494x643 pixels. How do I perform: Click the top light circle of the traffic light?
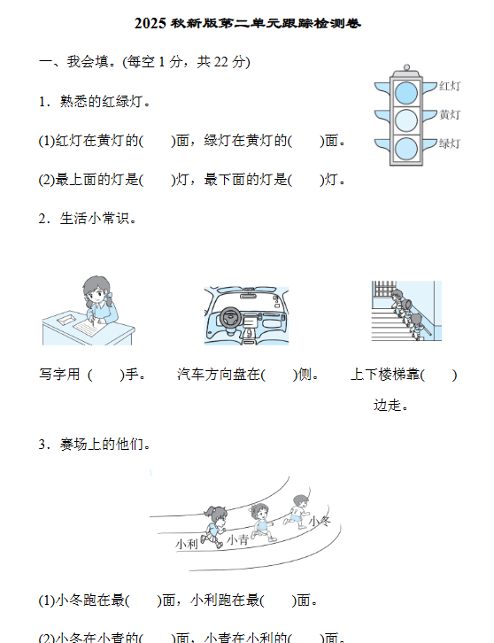tap(405, 91)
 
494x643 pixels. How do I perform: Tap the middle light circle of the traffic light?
tap(405, 120)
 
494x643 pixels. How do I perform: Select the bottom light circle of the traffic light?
tap(405, 147)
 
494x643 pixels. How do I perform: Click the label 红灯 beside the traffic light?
tap(450, 86)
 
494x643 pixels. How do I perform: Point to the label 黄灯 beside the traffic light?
tap(450, 114)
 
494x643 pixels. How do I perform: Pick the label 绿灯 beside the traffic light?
tap(450, 143)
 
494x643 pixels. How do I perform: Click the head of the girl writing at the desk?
tap(96, 288)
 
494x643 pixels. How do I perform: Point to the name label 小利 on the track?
tap(187, 543)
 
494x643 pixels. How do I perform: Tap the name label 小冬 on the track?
tap(320, 521)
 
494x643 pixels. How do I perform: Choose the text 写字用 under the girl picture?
tap(59, 375)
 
